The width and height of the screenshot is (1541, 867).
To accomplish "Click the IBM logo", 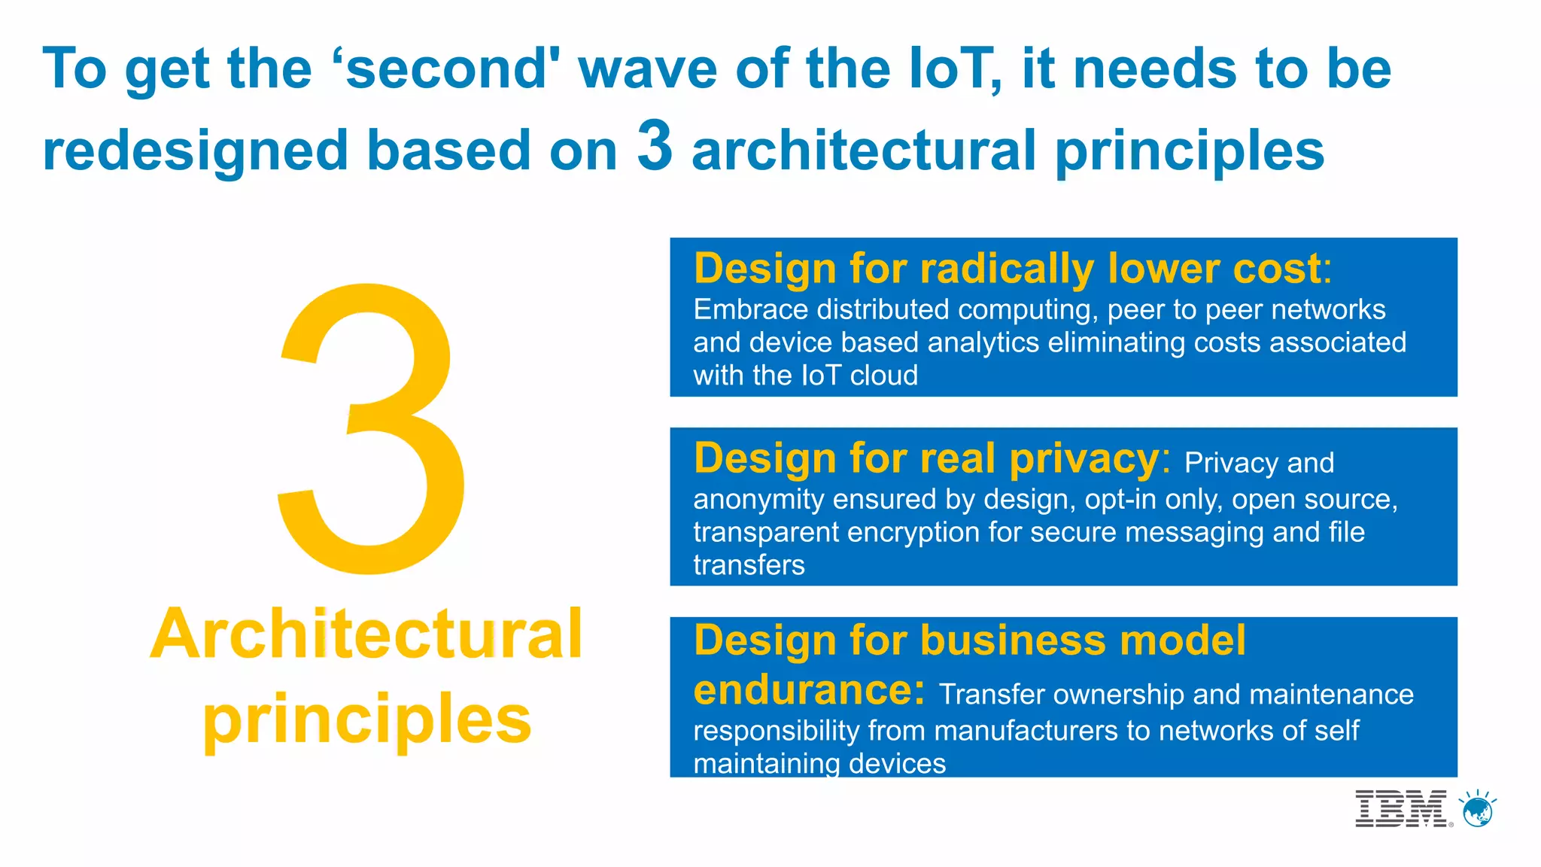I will [x=1400, y=809].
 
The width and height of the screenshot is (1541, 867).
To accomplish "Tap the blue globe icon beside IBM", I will [x=1478, y=810].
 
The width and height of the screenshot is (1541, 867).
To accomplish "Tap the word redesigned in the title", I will [x=196, y=151].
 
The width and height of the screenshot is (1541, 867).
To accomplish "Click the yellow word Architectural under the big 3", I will [x=366, y=634].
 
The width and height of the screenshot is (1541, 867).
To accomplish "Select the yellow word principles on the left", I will [x=366, y=719].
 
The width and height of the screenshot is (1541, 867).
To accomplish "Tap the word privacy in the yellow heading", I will [x=1084, y=458].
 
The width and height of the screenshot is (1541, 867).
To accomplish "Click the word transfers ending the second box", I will [x=749, y=565].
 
